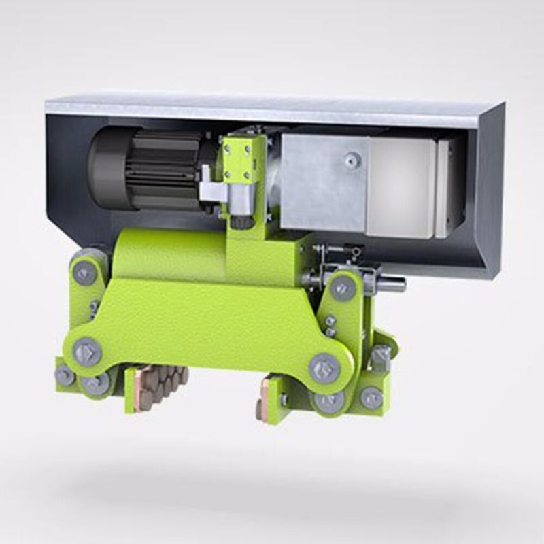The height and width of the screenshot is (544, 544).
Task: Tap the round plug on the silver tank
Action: tap(351, 160)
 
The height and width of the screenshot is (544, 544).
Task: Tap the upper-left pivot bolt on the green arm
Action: tap(85, 273)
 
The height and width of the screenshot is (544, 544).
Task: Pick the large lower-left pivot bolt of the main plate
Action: tap(87, 352)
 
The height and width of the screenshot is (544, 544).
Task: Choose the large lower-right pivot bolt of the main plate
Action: tap(324, 368)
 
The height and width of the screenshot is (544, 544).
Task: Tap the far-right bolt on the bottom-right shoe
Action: tap(371, 398)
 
